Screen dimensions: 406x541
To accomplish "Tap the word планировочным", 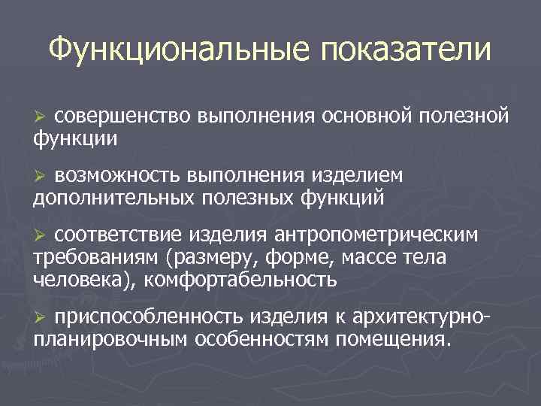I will click(x=111, y=340).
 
